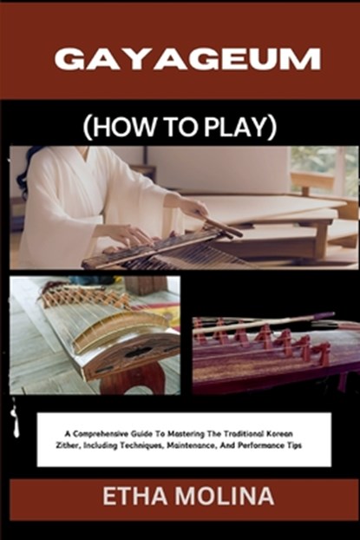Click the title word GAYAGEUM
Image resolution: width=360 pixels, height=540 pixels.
coord(187,59)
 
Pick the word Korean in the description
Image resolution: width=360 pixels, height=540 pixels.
coord(303,429)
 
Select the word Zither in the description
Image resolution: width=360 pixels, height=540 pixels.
coord(73,442)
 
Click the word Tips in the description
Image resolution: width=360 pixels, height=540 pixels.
coord(308,442)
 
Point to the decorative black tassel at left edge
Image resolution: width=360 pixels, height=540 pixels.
coord(14,421)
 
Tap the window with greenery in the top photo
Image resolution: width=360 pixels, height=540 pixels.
coord(325,169)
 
